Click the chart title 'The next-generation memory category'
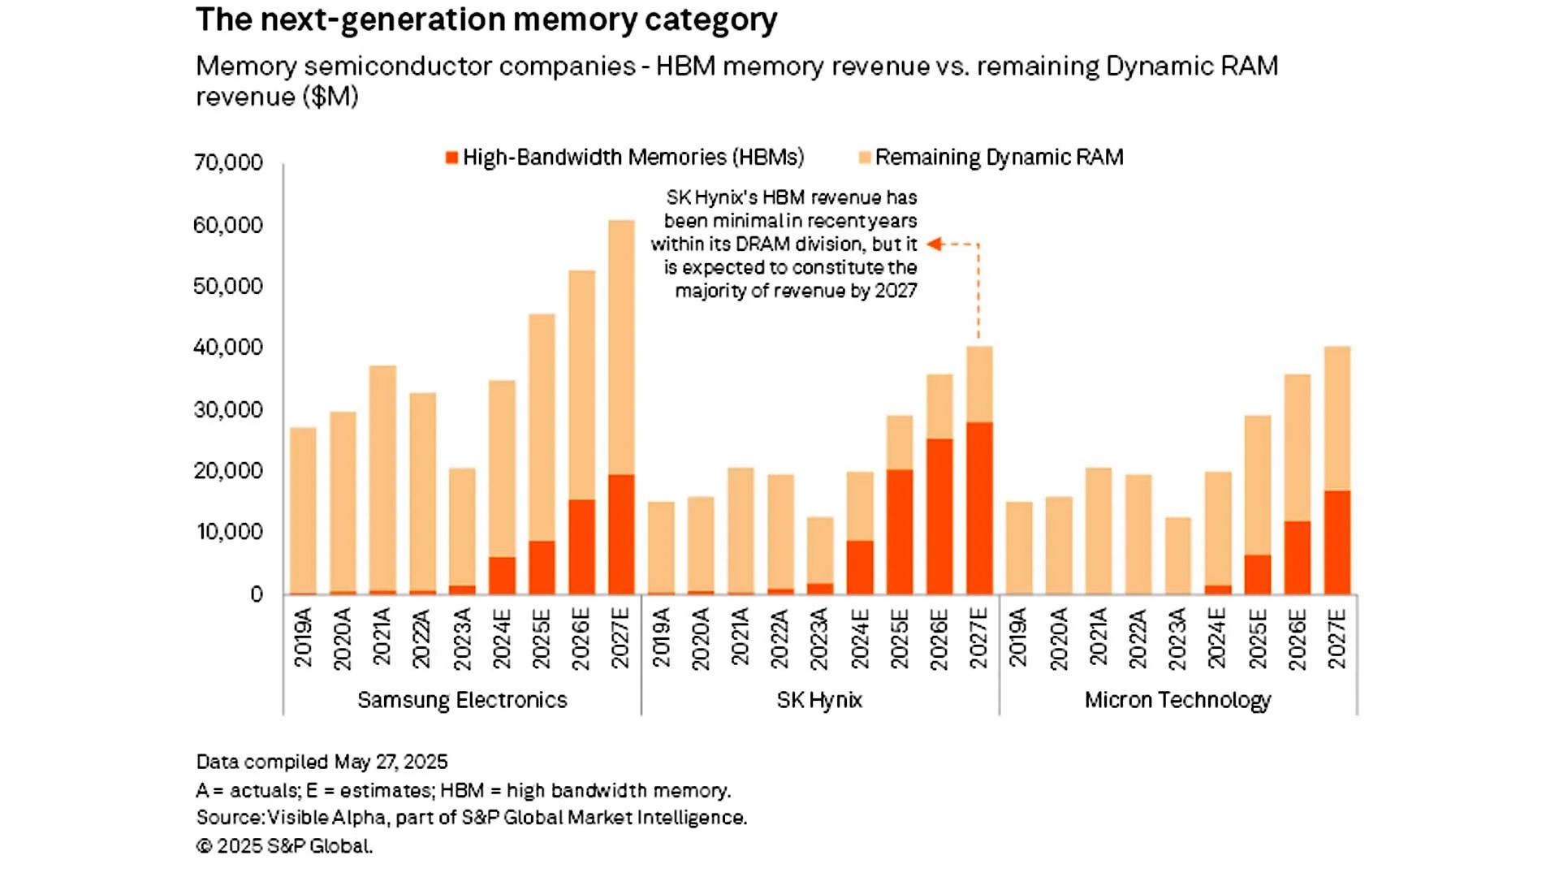[x=486, y=20]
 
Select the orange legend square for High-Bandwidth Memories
[x=452, y=158]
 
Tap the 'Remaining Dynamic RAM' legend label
[x=999, y=158]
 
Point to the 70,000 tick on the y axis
[x=228, y=162]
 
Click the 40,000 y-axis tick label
[x=228, y=348]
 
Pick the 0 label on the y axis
[x=257, y=594]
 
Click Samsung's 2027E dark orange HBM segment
[x=621, y=534]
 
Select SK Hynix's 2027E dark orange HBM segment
[x=979, y=508]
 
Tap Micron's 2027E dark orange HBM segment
[x=1337, y=542]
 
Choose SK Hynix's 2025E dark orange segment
[x=900, y=531]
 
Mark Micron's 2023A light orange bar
[x=1177, y=555]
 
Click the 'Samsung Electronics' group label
[x=462, y=700]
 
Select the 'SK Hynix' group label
[x=819, y=700]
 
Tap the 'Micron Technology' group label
[x=1177, y=700]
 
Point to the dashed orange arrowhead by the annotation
[x=934, y=244]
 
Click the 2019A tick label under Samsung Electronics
[x=303, y=638]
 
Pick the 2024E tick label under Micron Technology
[x=1217, y=638]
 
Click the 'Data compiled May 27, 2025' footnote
[x=322, y=762]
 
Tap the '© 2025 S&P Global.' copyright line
[x=284, y=846]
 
